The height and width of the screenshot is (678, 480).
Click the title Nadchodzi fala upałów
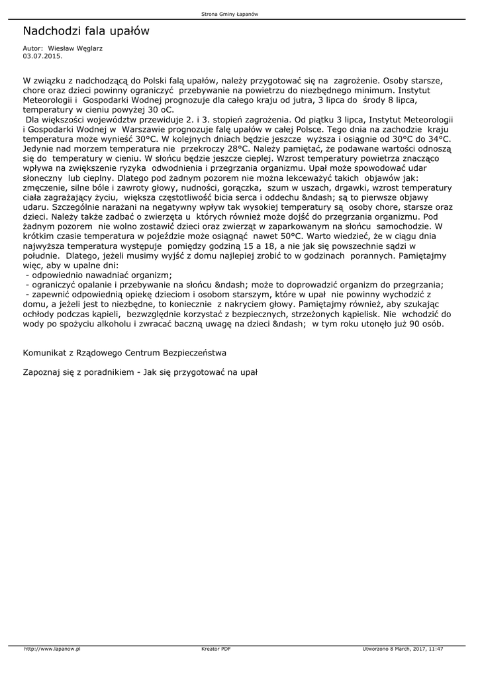point(86,31)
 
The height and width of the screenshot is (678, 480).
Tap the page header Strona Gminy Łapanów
point(239,14)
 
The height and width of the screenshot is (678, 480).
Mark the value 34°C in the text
point(437,140)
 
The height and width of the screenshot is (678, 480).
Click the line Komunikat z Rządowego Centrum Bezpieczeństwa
point(124,352)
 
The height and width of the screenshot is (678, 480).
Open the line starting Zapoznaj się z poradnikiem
point(140,372)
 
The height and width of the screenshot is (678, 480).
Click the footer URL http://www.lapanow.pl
point(52,649)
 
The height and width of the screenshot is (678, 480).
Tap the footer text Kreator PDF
point(216,649)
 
